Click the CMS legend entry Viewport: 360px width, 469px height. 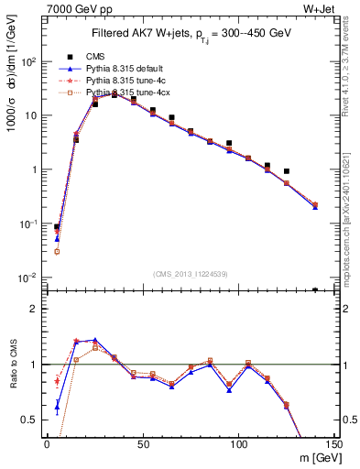click(x=93, y=56)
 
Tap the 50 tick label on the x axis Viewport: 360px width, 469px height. click(x=142, y=444)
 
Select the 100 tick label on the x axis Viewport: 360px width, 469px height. click(x=238, y=444)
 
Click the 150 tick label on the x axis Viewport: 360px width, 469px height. click(x=333, y=444)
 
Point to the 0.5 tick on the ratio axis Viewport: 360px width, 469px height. click(x=31, y=420)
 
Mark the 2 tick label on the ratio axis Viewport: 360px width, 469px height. click(x=35, y=309)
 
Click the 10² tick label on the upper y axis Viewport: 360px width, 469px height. click(x=29, y=61)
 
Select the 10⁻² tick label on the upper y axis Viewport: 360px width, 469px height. click(x=29, y=278)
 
